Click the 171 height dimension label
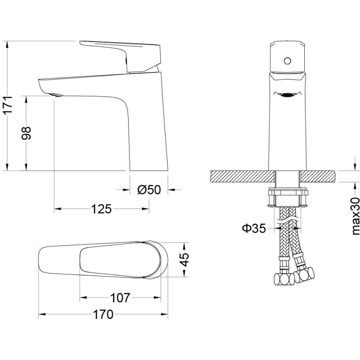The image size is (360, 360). pos(8,105)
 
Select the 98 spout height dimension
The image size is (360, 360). pos(26,133)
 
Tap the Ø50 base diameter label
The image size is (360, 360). pos(149,190)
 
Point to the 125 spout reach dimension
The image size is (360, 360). pos(101,209)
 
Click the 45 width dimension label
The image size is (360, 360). pos(184,259)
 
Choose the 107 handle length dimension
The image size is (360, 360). pos(120,298)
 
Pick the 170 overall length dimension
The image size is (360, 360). pos(103,314)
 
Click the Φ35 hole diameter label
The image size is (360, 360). pos(254,228)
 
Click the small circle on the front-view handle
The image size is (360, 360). pos(287,61)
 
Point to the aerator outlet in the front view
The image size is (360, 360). pos(287,95)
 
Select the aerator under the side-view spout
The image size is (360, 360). pos(55,95)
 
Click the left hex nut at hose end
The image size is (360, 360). pos(284,279)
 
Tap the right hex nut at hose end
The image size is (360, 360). pos(304,274)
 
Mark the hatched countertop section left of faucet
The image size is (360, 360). pos(242,176)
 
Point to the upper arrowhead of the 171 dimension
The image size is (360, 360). pos(7,44)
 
